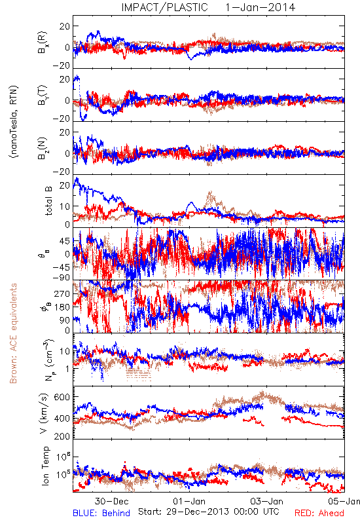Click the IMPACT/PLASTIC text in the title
click(164, 7)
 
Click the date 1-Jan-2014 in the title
click(261, 7)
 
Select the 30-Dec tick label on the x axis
click(111, 501)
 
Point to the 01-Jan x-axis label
click(189, 501)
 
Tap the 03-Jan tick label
click(267, 501)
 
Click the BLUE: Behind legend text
click(101, 513)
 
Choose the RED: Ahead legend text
click(319, 513)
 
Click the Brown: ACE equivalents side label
click(13, 333)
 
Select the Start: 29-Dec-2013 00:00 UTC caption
click(209, 512)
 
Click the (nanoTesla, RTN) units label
click(14, 121)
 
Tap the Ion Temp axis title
click(46, 466)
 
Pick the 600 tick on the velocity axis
click(62, 397)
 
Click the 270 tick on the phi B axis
click(62, 293)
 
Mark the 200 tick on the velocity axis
click(62, 436)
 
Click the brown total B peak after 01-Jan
click(210, 192)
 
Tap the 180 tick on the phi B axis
click(62, 307)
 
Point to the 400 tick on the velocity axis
click(62, 418)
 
